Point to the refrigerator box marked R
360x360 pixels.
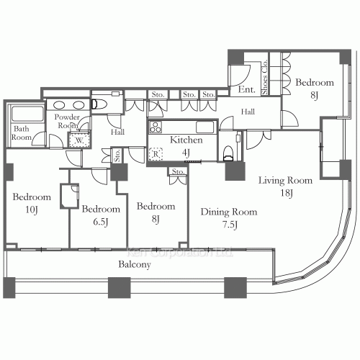coord(155,153)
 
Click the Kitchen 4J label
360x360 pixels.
coord(186,145)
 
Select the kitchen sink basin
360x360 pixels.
coord(204,128)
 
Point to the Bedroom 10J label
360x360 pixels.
coord(32,203)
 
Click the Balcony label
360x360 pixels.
coord(134,265)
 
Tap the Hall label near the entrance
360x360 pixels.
coord(248,112)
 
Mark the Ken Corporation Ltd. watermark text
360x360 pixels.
coord(180,253)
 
